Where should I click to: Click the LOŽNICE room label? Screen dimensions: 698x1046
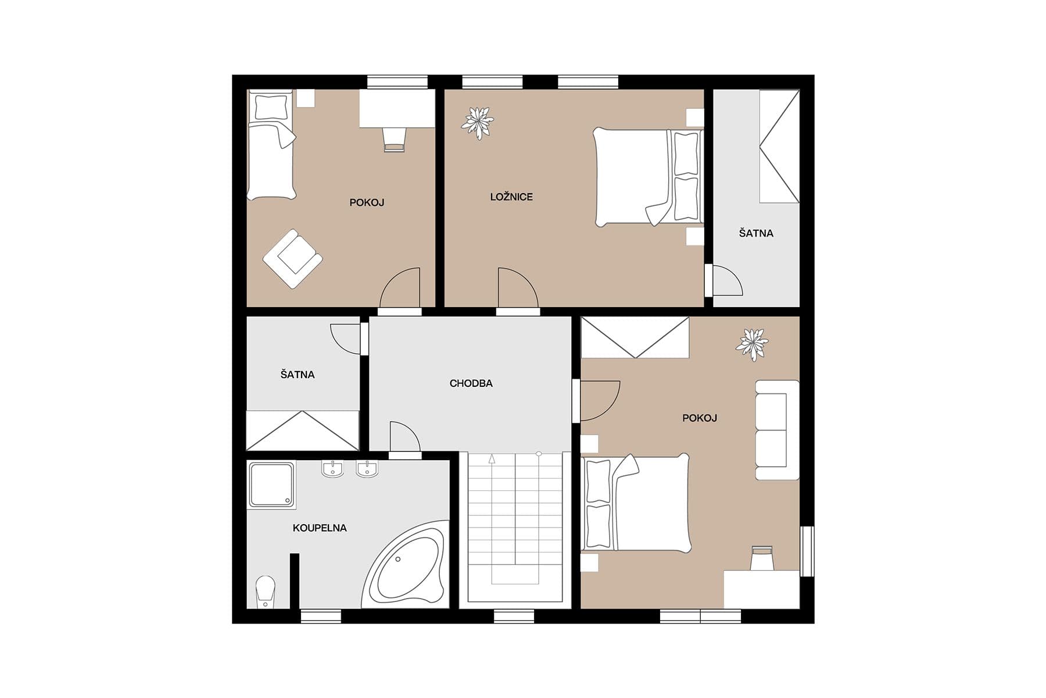(x=511, y=197)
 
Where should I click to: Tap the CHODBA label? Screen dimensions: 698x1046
(x=471, y=383)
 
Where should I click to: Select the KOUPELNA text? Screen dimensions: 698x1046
(x=320, y=528)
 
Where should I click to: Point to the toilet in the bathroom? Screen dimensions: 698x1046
(x=266, y=590)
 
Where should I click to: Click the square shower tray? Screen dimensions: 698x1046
(x=271, y=485)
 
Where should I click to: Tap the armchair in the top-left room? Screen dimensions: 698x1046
(x=292, y=258)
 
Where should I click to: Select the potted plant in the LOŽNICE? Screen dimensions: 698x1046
(x=478, y=122)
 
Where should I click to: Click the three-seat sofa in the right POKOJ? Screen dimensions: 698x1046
(x=776, y=430)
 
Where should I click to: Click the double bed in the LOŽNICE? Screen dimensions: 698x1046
(x=648, y=177)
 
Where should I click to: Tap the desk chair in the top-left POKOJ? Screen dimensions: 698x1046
(x=393, y=140)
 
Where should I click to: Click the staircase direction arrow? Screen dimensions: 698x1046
(x=492, y=458)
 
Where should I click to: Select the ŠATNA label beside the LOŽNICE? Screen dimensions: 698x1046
(x=756, y=233)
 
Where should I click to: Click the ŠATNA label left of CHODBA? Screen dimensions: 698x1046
(x=298, y=375)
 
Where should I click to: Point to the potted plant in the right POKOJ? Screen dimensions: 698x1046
(x=752, y=344)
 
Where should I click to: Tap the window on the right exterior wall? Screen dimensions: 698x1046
(x=807, y=551)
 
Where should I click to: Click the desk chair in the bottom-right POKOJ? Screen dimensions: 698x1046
(x=762, y=558)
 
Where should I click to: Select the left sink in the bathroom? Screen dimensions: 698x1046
(x=332, y=469)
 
